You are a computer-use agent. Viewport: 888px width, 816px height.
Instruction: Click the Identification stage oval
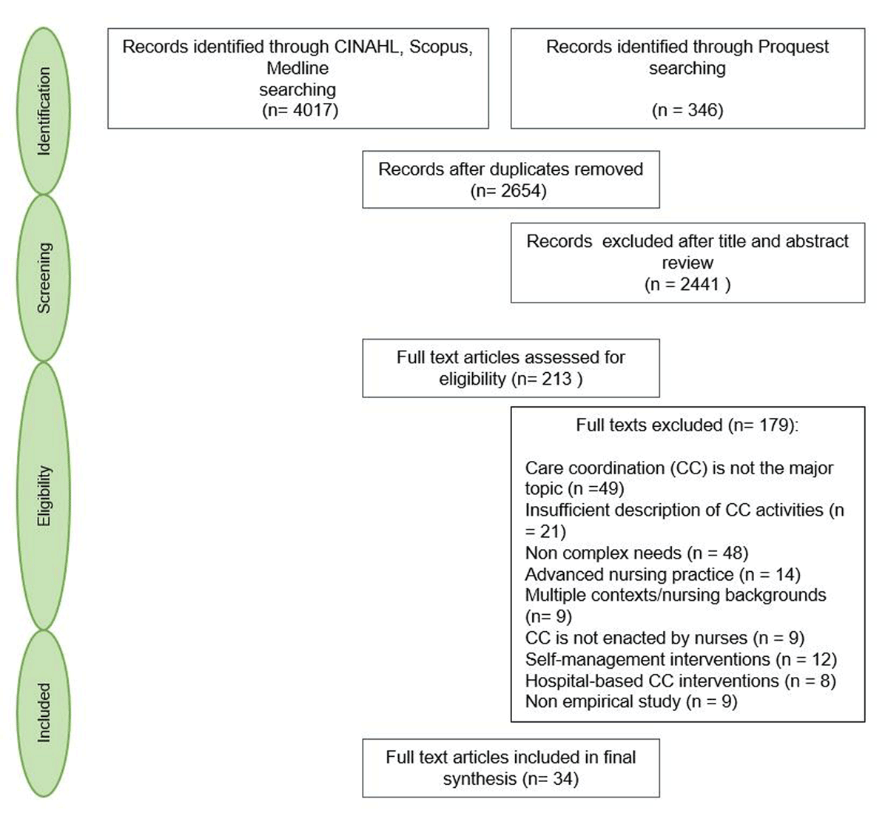(x=44, y=111)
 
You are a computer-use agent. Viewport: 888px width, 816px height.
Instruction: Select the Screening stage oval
(x=44, y=277)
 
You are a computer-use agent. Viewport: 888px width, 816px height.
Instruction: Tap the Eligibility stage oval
(x=44, y=496)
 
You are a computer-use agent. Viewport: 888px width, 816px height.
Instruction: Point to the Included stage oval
(x=44, y=712)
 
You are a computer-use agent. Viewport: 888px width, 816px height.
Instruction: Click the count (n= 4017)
(x=300, y=110)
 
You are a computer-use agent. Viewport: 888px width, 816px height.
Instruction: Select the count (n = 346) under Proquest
(x=687, y=110)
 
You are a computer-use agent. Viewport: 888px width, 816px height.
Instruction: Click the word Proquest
(x=793, y=47)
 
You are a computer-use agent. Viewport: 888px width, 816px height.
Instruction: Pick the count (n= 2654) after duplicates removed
(x=509, y=191)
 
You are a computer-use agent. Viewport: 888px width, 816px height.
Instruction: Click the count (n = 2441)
(x=687, y=284)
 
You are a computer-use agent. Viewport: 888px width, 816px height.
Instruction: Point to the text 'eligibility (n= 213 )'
(x=511, y=379)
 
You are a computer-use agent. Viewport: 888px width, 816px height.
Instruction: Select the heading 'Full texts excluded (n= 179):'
(x=687, y=425)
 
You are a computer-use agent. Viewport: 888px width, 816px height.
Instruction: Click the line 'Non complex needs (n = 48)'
(x=636, y=553)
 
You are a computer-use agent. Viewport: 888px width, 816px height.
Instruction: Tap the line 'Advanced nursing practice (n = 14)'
(x=662, y=574)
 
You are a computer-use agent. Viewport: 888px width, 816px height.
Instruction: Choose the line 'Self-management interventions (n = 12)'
(x=681, y=659)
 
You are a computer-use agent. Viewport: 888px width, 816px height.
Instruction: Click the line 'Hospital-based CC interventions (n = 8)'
(x=680, y=681)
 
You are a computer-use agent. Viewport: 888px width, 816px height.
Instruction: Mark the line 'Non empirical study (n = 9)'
(x=631, y=701)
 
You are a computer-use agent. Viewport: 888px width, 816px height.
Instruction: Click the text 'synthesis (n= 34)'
(x=511, y=778)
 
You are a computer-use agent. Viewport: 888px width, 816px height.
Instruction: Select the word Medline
(x=297, y=68)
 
